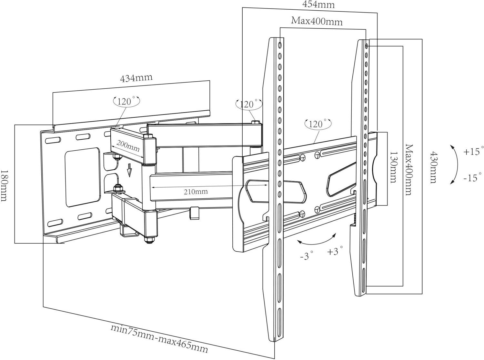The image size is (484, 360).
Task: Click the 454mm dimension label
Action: (318, 5)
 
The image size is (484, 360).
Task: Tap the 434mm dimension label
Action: (136, 78)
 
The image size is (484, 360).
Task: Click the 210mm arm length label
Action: (196, 192)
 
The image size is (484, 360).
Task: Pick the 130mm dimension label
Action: (393, 167)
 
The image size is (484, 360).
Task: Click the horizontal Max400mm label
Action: (317, 21)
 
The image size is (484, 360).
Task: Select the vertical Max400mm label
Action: (409, 170)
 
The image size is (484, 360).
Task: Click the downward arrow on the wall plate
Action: (130, 170)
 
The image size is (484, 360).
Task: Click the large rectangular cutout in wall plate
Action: (83, 177)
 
